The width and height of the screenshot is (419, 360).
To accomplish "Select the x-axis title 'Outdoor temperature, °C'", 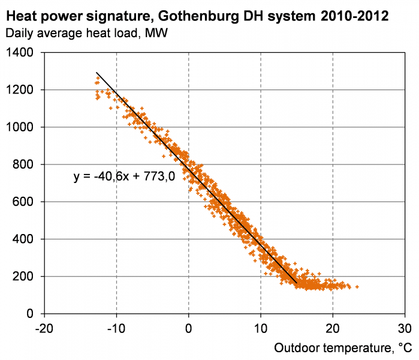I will point(343,348).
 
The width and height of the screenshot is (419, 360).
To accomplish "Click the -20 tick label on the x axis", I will point(44,329).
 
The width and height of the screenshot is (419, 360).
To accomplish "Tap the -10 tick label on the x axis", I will point(116,329).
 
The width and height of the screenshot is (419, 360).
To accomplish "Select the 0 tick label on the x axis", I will point(189,329).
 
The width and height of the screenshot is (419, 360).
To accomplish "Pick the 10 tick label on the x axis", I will point(261,329).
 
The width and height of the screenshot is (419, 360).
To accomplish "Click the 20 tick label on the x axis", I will point(333,329).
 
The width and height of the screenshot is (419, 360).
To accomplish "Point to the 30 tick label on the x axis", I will point(405,329).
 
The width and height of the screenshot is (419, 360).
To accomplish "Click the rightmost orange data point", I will point(357,287).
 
